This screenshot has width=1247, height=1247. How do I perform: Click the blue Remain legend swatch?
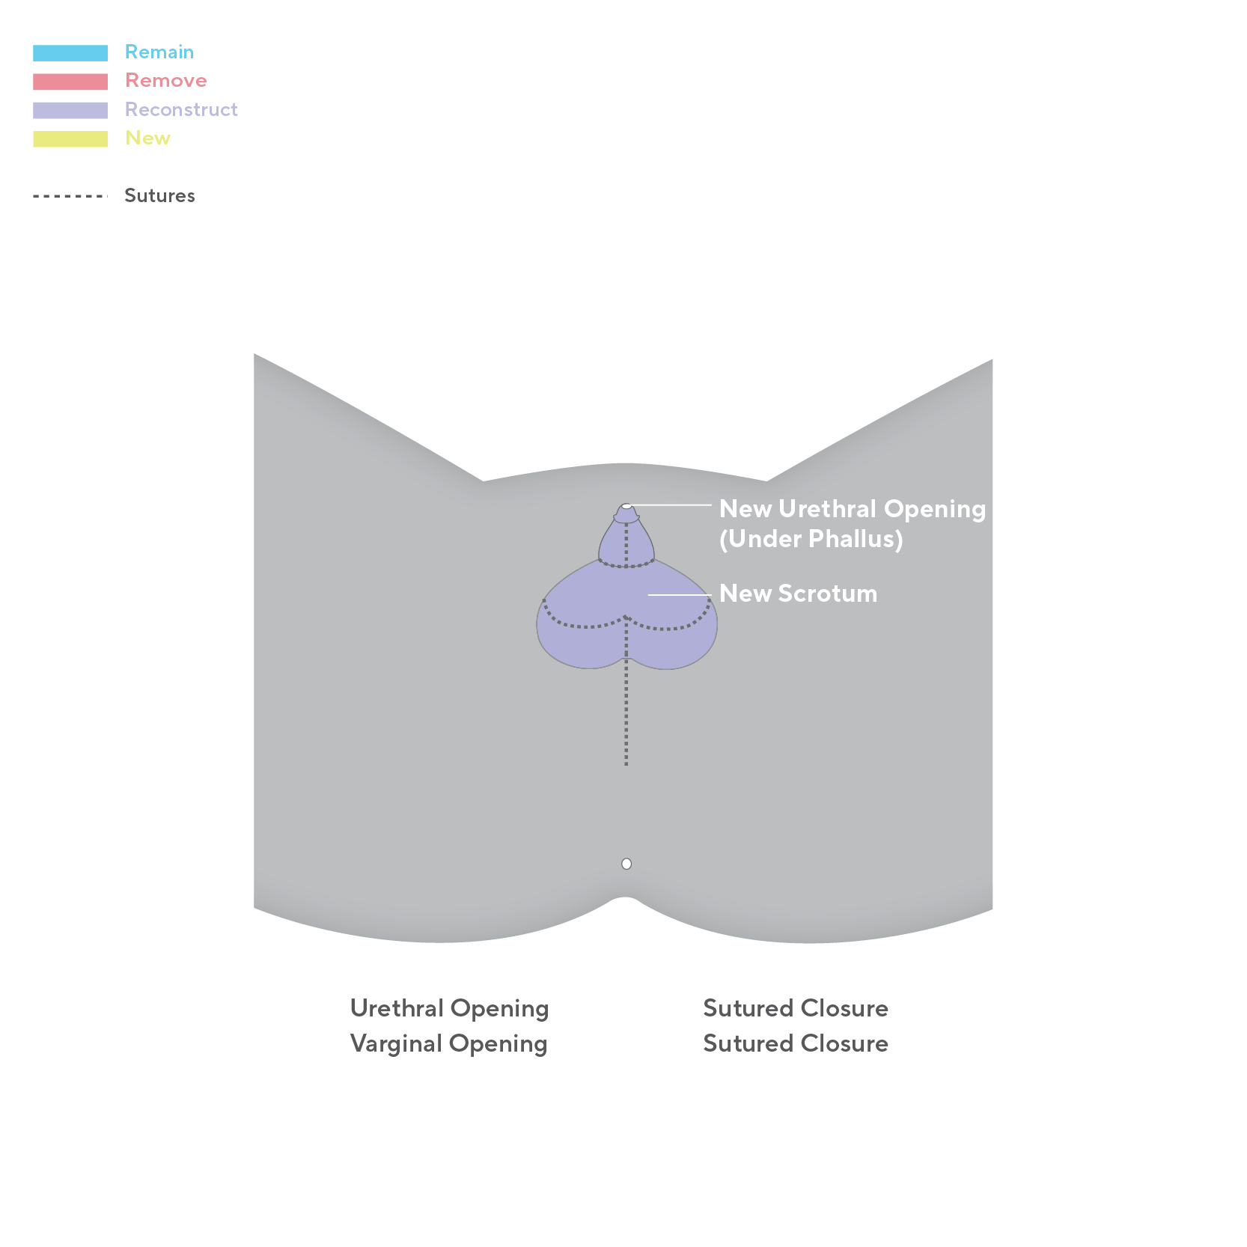[70, 53]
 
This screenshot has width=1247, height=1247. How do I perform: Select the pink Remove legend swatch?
[70, 82]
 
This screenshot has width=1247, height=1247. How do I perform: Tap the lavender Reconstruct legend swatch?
[70, 110]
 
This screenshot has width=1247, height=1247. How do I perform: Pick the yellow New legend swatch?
[70, 139]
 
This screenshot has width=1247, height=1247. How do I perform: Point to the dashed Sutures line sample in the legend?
[70, 196]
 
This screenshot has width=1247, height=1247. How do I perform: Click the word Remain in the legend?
[159, 52]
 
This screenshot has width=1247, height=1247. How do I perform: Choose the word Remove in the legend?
[165, 81]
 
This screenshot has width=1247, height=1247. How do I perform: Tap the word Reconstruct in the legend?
[181, 110]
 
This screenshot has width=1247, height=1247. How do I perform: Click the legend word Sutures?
[159, 196]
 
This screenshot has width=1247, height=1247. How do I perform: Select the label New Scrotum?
[798, 594]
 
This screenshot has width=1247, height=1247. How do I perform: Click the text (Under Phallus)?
[811, 539]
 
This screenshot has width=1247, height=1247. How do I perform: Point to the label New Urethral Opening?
[852, 509]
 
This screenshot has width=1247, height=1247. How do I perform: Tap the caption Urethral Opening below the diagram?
[449, 1008]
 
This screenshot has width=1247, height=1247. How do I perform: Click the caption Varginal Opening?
[448, 1043]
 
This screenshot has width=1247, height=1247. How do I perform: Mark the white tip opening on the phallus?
[626, 507]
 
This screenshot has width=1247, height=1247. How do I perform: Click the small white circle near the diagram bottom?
[626, 864]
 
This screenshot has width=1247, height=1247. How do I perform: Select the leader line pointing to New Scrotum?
[679, 595]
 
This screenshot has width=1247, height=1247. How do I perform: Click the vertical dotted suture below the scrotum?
[626, 719]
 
